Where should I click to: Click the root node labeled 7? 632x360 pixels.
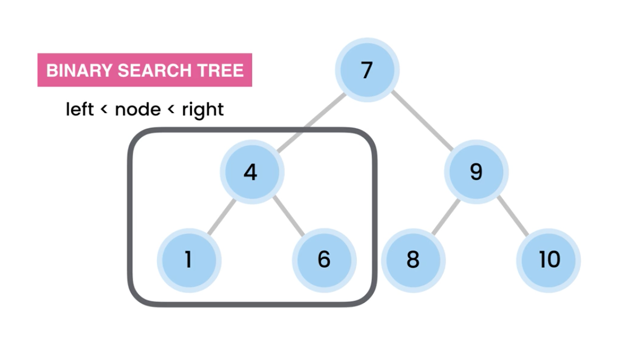pos(366,71)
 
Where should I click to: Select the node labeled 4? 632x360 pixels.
pos(251,172)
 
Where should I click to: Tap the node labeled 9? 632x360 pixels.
pos(476,172)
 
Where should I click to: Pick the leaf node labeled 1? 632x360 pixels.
pos(189,260)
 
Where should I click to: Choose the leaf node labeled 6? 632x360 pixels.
pos(324,260)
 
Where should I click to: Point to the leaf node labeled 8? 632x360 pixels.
pos(413,260)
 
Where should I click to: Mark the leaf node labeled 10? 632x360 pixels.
pos(549,260)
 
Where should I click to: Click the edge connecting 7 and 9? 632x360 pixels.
pos(422,120)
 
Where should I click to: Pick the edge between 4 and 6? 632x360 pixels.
pos(287,215)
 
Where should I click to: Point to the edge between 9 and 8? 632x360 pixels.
pos(445,215)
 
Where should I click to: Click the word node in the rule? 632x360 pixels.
pos(137,109)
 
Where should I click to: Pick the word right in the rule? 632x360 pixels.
pos(203,109)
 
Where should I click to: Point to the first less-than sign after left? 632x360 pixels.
pos(104,110)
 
